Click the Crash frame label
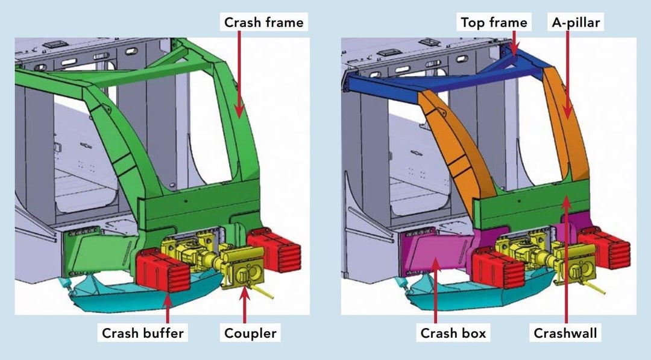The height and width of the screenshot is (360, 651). point(264,23)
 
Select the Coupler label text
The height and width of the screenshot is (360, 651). point(250,332)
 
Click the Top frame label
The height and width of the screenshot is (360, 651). point(494,23)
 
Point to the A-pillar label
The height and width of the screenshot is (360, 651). point(576,23)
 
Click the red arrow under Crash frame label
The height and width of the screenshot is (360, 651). point(240,72)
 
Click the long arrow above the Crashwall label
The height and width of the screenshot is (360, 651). point(565,259)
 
